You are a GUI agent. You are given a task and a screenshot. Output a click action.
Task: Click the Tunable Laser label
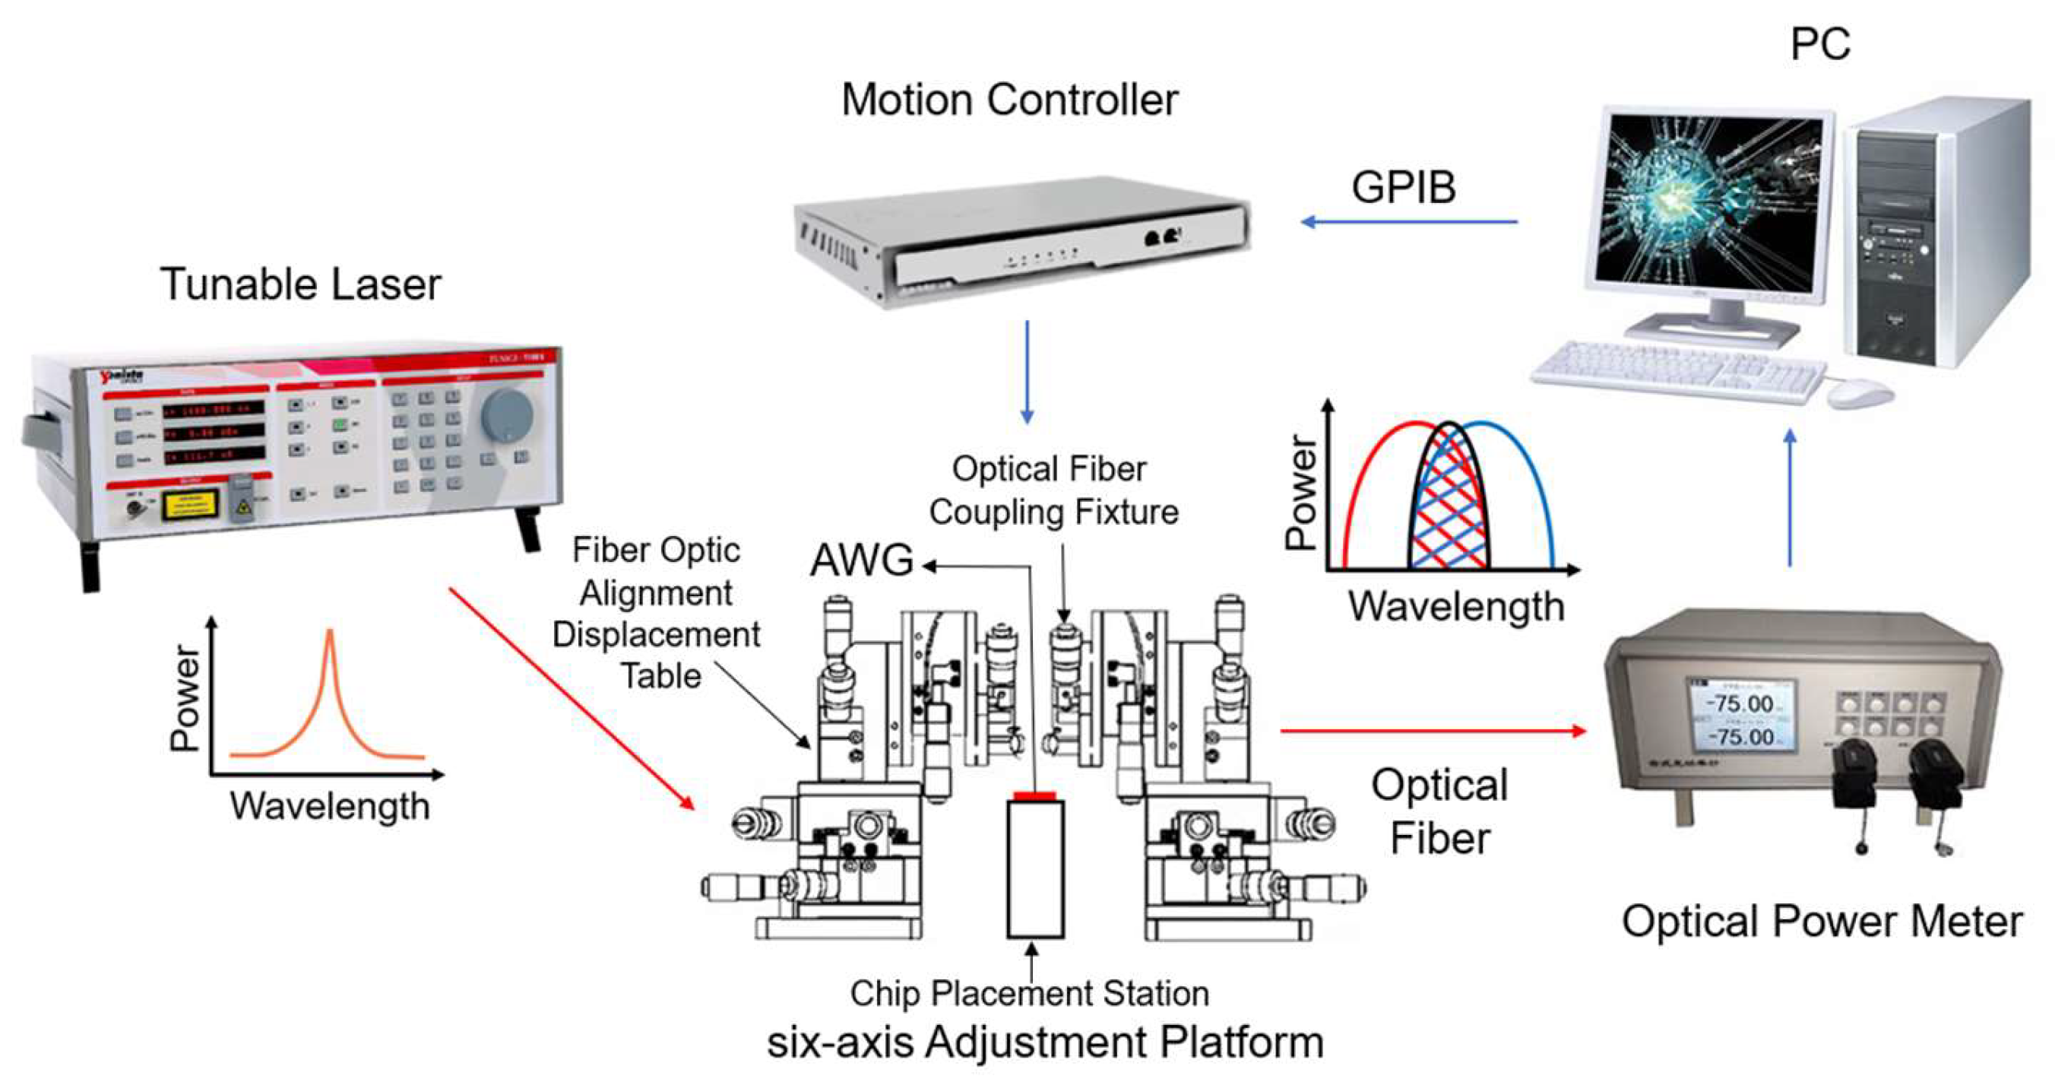pos(300,284)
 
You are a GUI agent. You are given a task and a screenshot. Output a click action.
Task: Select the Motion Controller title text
pos(1009,100)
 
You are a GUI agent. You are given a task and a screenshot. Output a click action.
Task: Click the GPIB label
pos(1403,189)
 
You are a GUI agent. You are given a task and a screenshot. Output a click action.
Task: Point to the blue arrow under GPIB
pos(1409,222)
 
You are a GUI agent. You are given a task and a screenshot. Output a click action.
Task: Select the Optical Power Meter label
pos(1822,921)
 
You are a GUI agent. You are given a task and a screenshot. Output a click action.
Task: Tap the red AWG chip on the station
pos(1034,795)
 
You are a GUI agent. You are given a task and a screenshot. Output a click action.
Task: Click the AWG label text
pos(862,560)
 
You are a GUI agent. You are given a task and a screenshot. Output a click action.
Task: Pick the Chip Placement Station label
pos(1029,994)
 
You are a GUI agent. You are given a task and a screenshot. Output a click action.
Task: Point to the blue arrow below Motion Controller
pos(1027,371)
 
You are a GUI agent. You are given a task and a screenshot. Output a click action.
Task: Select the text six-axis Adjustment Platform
pos(1045,1043)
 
